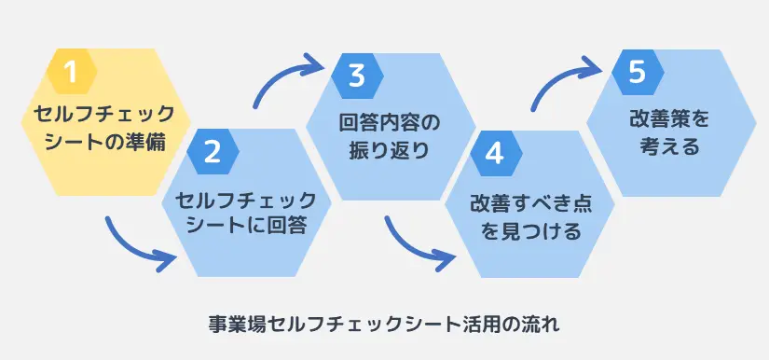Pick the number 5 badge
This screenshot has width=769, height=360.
pos(638,73)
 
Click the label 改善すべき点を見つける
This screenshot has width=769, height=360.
pos(529,217)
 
